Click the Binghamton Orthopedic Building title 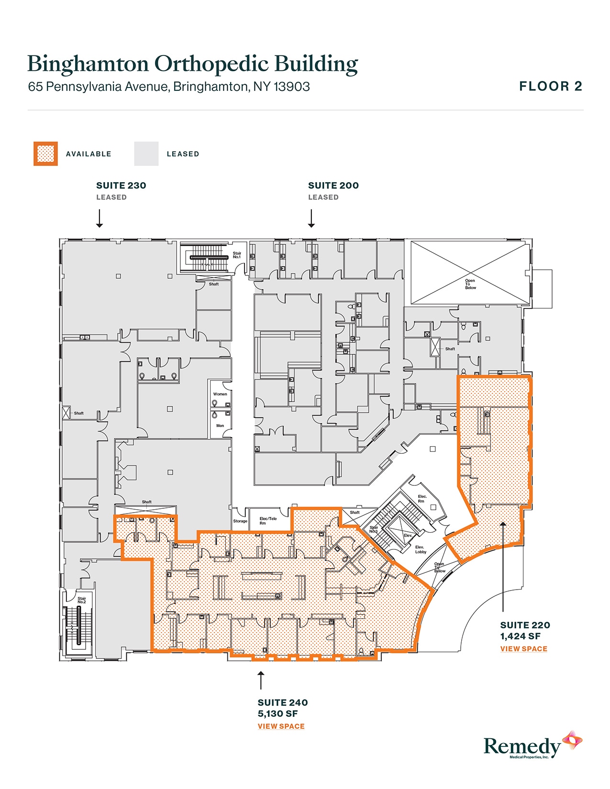(192, 64)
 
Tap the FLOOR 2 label (551, 87)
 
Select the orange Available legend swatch (45, 153)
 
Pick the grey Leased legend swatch (146, 153)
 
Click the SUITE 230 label (121, 186)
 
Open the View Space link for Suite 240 (281, 726)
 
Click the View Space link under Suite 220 (523, 648)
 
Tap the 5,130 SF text (277, 713)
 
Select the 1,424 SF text (520, 636)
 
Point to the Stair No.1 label (237, 255)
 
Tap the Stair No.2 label (82, 600)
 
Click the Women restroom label (220, 394)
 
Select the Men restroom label (220, 425)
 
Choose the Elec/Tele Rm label (268, 520)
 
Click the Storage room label (240, 521)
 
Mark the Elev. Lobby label (420, 549)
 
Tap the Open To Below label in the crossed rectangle (470, 284)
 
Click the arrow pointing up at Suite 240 (261, 680)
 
